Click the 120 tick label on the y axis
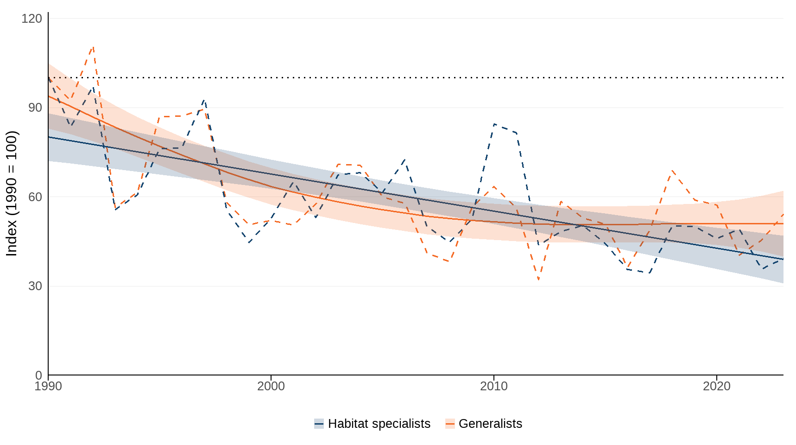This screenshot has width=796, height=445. coord(32,19)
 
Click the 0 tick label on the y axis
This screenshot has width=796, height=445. coord(38,375)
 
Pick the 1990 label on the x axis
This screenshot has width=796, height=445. coord(48,386)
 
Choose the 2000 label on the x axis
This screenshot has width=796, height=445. coord(271,386)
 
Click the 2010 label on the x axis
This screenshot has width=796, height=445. coord(494,386)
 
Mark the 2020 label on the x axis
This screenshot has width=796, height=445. coord(717,386)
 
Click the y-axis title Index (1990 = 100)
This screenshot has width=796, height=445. coord(12,193)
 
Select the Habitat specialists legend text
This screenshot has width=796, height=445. coord(379,424)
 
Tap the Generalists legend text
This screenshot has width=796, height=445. coord(490,424)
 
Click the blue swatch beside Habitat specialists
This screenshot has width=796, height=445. coord(319,424)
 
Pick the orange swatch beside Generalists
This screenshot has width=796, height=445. coord(450,424)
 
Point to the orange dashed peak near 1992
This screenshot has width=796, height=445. coord(93,47)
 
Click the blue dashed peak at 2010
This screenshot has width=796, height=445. coord(494,124)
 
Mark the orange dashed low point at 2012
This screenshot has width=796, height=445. coord(538,280)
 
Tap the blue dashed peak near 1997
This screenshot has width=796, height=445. coord(204,100)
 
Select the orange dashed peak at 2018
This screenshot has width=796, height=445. coord(672,171)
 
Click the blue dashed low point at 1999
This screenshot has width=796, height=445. coord(249,242)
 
